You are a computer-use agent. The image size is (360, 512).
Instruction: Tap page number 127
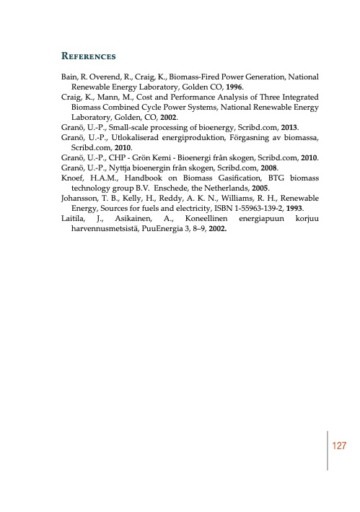coord(340,446)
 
